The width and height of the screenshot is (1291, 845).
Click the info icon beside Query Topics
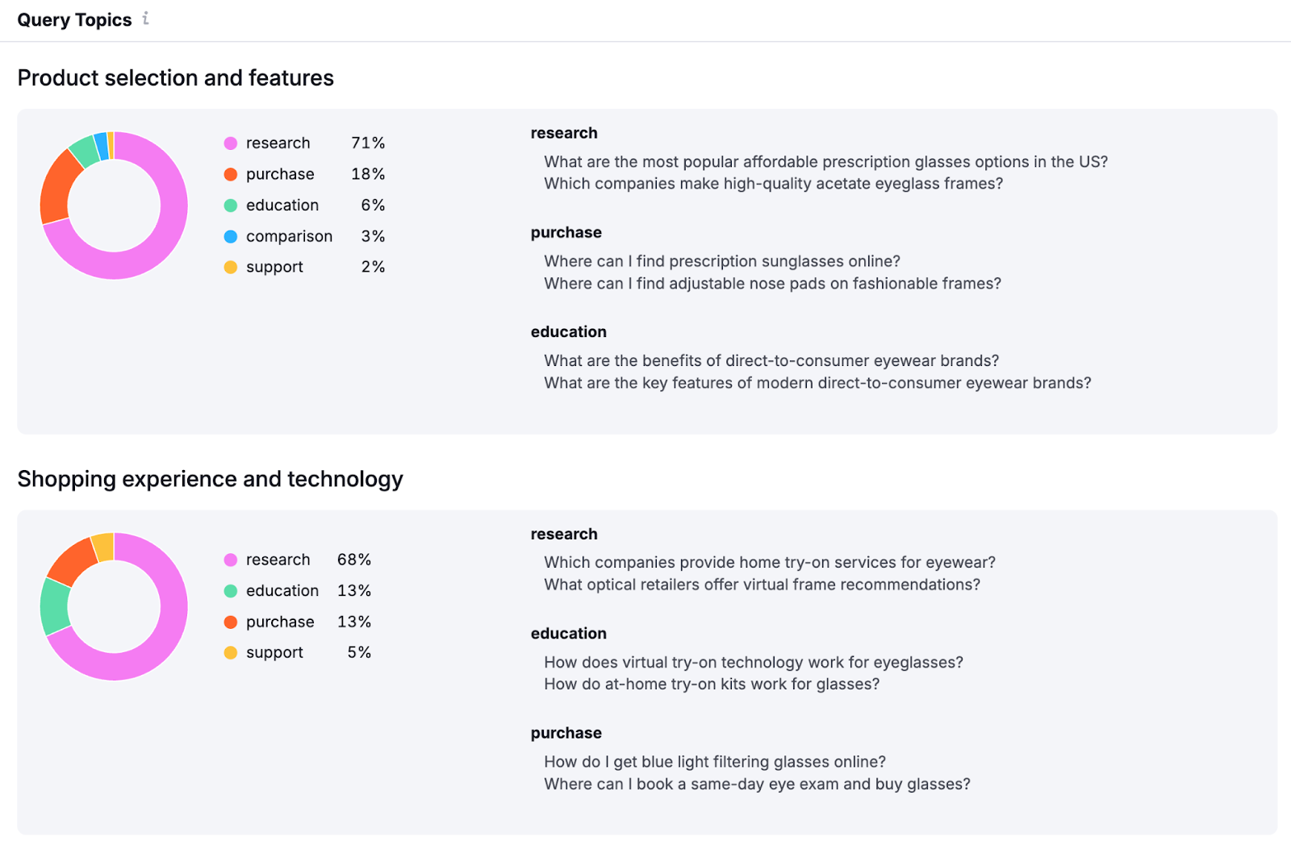pyautogui.click(x=145, y=19)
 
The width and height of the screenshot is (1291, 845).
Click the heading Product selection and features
pyautogui.click(x=175, y=78)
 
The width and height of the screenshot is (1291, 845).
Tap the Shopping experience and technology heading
pyautogui.click(x=210, y=479)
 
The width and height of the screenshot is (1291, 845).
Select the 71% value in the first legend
pyautogui.click(x=368, y=143)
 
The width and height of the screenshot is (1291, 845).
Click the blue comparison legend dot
pyautogui.click(x=231, y=236)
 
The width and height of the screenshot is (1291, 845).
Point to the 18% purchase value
pyautogui.click(x=368, y=174)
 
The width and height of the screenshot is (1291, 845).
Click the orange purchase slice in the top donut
pyautogui.click(x=57, y=185)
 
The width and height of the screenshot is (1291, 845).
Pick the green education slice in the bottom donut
pyautogui.click(x=55, y=606)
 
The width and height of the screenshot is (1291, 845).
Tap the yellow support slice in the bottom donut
pyautogui.click(x=103, y=547)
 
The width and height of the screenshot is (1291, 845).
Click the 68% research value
pyautogui.click(x=354, y=560)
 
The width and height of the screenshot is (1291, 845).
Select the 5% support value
pyautogui.click(x=359, y=652)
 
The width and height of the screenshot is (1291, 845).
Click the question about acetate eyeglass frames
pyautogui.click(x=773, y=184)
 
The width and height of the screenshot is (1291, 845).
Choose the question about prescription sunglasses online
pyautogui.click(x=721, y=261)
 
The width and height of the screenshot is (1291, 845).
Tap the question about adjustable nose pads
pyautogui.click(x=772, y=284)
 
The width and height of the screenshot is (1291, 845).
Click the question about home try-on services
pyautogui.click(x=769, y=562)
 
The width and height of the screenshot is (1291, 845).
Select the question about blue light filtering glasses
pyautogui.click(x=714, y=762)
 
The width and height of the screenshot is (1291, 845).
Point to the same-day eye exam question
pyautogui.click(x=757, y=784)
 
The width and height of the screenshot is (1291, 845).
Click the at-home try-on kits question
pyautogui.click(x=711, y=684)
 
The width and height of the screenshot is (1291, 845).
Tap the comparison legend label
pyautogui.click(x=289, y=236)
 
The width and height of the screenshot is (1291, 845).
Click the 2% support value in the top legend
pyautogui.click(x=373, y=267)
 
